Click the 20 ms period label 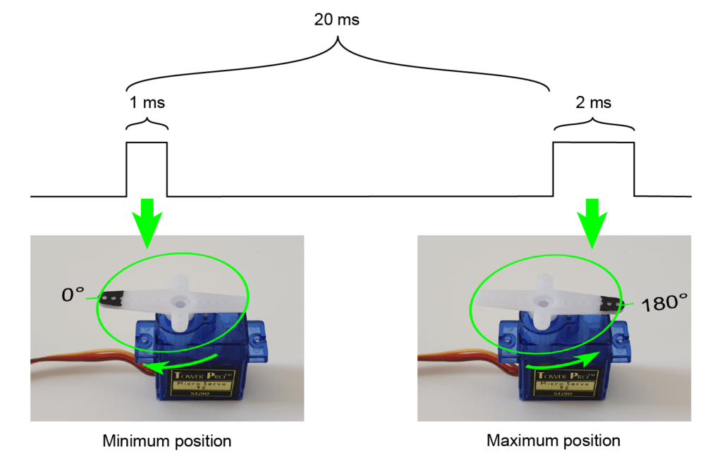click(336, 20)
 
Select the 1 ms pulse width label click(147, 102)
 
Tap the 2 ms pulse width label click(593, 102)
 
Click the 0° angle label click(73, 294)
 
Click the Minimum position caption click(167, 442)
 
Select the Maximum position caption click(553, 441)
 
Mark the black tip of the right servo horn click(611, 305)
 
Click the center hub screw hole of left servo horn click(181, 303)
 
